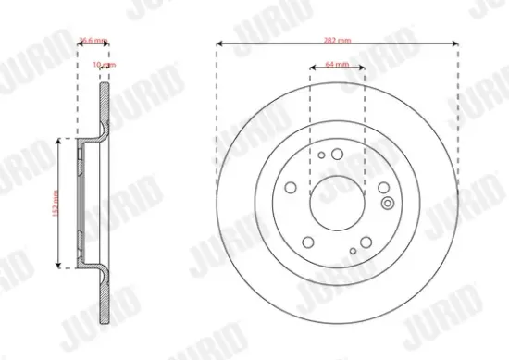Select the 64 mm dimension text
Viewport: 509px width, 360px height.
[336, 65]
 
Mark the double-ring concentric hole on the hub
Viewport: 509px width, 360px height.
[384, 188]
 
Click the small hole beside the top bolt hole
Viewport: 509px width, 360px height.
[320, 155]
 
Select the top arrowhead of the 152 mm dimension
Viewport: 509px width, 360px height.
[62, 139]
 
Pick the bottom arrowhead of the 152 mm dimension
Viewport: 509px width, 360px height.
[62, 266]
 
